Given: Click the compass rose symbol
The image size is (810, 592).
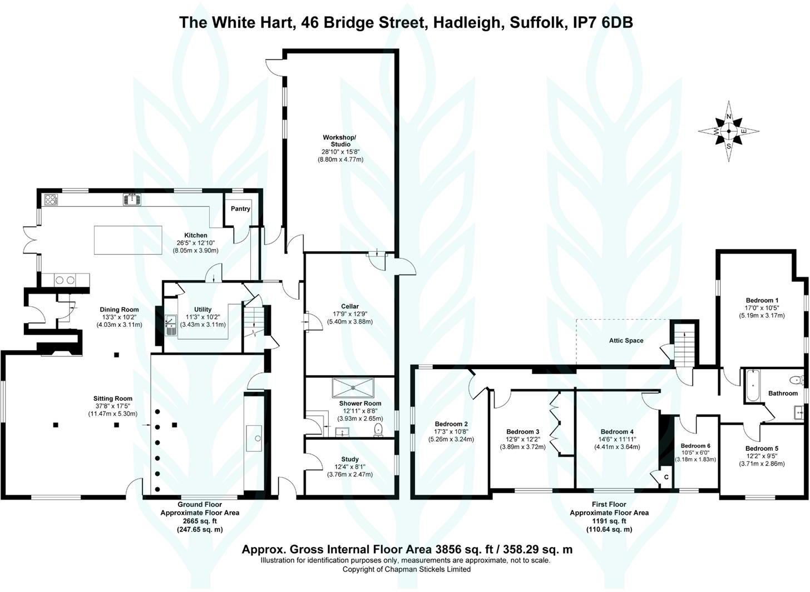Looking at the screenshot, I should click(x=729, y=132).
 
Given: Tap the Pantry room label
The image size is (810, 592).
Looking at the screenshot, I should click(x=240, y=208).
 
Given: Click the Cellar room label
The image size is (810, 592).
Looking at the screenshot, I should click(x=350, y=306).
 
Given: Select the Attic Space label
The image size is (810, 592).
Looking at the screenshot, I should click(x=626, y=341).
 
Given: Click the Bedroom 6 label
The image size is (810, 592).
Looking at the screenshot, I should click(x=695, y=446).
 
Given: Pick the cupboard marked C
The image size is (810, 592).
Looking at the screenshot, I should click(x=666, y=477).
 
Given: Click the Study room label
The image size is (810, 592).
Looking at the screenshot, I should click(x=350, y=459).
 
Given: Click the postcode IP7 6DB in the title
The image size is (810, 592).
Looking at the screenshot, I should click(x=604, y=22).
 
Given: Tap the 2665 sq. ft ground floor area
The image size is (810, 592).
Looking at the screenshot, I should click(x=200, y=521).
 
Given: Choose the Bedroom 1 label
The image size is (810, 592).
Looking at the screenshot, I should click(x=762, y=300).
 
